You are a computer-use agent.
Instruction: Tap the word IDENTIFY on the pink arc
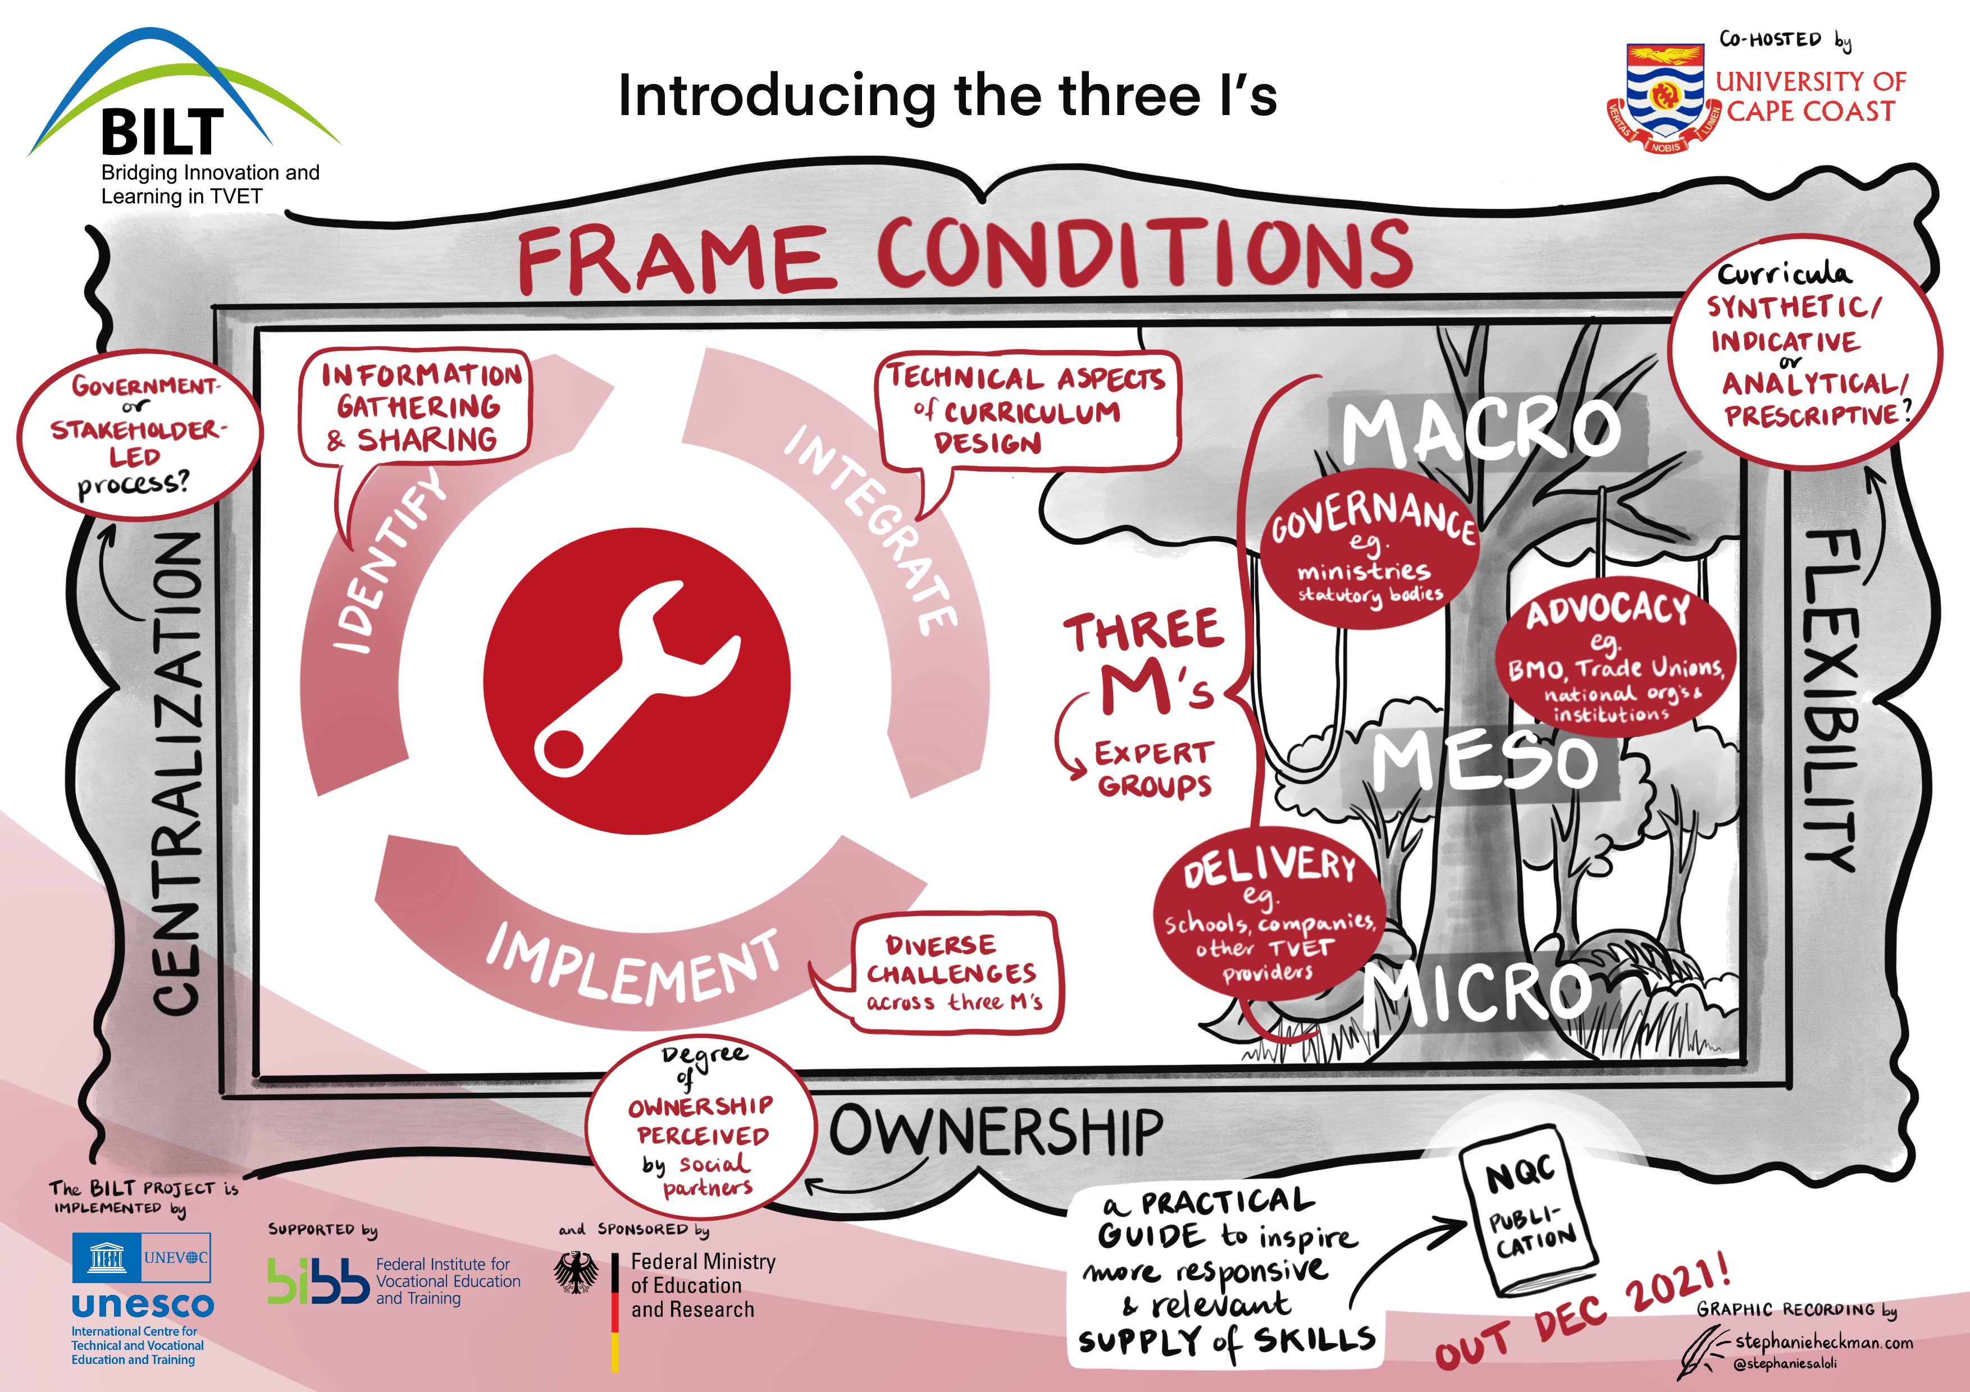click(388, 562)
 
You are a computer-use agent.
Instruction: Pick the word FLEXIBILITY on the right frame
click(1832, 699)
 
